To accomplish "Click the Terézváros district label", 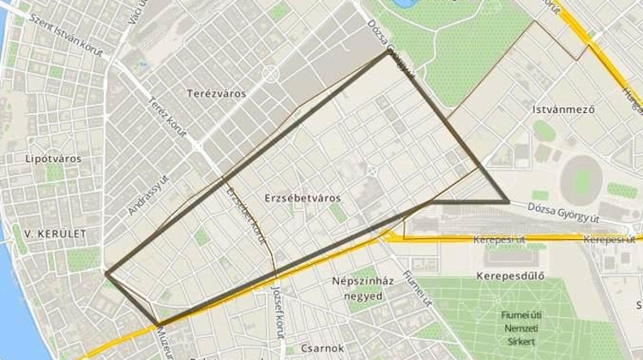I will click(216, 93).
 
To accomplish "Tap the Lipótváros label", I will click(53, 159).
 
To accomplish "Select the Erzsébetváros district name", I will click(303, 198).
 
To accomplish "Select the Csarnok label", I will click(323, 348).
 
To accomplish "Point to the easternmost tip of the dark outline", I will click(508, 202).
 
